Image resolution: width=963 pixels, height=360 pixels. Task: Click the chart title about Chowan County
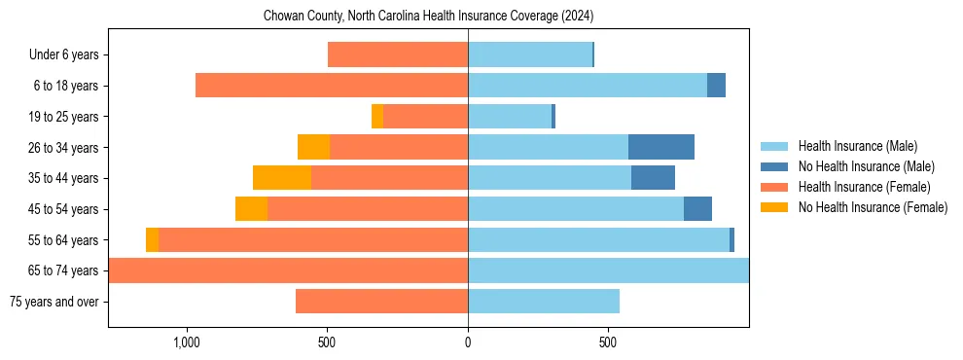(x=428, y=17)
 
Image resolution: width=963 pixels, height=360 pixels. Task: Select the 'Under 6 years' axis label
(x=63, y=55)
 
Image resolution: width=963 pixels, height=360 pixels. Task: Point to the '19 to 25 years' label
(x=62, y=117)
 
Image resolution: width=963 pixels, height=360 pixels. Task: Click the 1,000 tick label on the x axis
(x=186, y=343)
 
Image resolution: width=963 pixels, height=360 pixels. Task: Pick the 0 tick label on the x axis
(x=468, y=343)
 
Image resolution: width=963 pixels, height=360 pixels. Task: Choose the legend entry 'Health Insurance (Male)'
(x=857, y=146)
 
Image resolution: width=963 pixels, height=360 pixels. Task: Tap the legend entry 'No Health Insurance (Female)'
(x=873, y=207)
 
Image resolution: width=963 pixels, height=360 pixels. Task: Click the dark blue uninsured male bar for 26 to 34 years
(x=661, y=147)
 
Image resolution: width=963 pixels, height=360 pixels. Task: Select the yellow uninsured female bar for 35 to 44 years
(x=282, y=178)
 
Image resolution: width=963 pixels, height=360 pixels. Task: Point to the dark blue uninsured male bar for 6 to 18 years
(x=716, y=86)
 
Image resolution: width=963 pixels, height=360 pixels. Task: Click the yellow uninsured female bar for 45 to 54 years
(x=251, y=209)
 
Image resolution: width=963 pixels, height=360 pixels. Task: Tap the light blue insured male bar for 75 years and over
(x=544, y=302)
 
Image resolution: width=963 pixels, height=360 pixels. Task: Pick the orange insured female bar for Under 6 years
(x=398, y=55)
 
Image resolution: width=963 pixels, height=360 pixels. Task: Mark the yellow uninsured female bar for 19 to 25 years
(x=377, y=117)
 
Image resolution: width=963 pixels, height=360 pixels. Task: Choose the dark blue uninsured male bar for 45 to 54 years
(x=697, y=209)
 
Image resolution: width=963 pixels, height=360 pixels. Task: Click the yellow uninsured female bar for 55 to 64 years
(x=152, y=239)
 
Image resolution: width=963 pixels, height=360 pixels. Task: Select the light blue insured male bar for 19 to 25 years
(x=510, y=117)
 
